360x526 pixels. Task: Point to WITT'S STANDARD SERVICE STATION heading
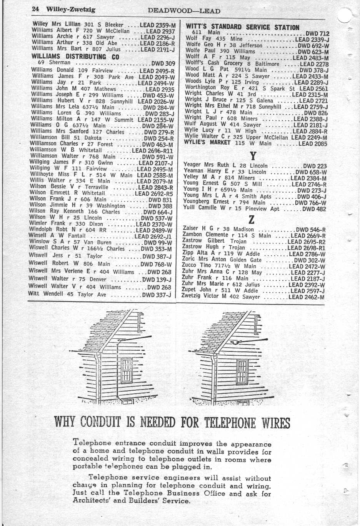click(242, 27)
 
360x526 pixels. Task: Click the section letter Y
click(253, 156)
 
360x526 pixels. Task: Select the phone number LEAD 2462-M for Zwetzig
click(306, 297)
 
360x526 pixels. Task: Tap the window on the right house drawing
click(242, 370)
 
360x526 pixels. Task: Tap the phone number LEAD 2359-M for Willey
click(158, 25)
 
